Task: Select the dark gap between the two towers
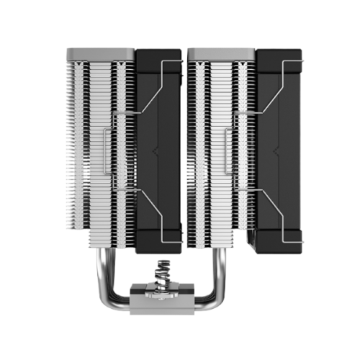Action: click(x=185, y=144)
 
